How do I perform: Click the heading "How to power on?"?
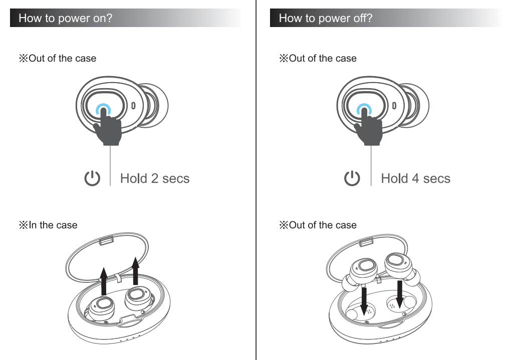65,19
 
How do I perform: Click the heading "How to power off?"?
326,19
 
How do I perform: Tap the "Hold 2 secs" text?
155,178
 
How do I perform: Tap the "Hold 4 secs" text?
415,178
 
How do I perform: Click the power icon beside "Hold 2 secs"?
92,178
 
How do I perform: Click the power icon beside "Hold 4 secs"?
353,178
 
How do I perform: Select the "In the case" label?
49,225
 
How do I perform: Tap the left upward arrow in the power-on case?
104,280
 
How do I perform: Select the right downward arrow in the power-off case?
399,293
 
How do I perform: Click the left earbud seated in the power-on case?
103,306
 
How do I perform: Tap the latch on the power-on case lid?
105,241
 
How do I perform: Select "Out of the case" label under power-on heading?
58,58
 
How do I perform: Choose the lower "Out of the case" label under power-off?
318,225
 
